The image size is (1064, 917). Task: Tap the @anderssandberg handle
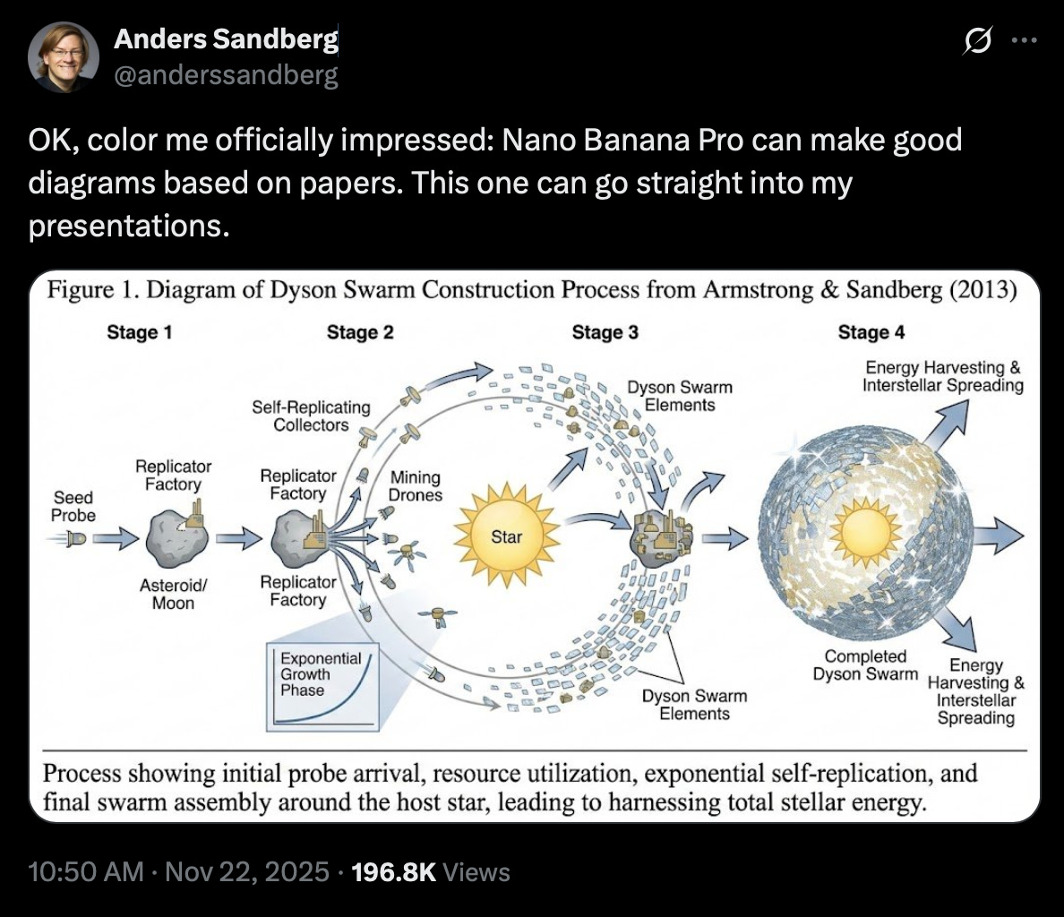pos(226,75)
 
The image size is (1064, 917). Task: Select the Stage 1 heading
pos(139,332)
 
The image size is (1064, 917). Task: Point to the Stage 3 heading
pos(605,332)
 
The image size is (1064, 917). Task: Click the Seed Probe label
pos(73,506)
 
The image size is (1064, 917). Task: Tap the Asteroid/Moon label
pos(173,594)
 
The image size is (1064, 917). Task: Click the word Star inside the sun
pos(506,537)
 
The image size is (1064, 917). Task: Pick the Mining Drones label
pos(415,485)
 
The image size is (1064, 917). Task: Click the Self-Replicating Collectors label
pos(311,416)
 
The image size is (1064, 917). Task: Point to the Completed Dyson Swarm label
pos(865,665)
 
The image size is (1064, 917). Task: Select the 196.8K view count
pos(395,872)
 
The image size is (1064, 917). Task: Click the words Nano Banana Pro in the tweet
pos(627,141)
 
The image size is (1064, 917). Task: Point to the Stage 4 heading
pos(871,332)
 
